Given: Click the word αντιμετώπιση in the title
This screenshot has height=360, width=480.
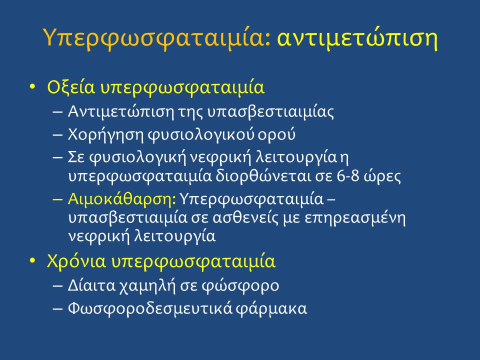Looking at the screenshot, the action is (x=357, y=39).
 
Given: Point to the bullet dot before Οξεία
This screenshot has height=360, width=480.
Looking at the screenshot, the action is (x=32, y=86).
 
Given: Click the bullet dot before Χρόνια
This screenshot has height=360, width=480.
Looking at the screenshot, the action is (x=32, y=260).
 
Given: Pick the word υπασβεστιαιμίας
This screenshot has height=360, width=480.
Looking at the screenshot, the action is (x=270, y=112).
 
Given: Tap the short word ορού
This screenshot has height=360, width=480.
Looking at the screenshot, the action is (x=276, y=135).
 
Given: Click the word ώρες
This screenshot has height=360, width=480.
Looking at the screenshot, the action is (x=382, y=176).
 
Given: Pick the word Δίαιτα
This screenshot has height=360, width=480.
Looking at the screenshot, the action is (x=91, y=286).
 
